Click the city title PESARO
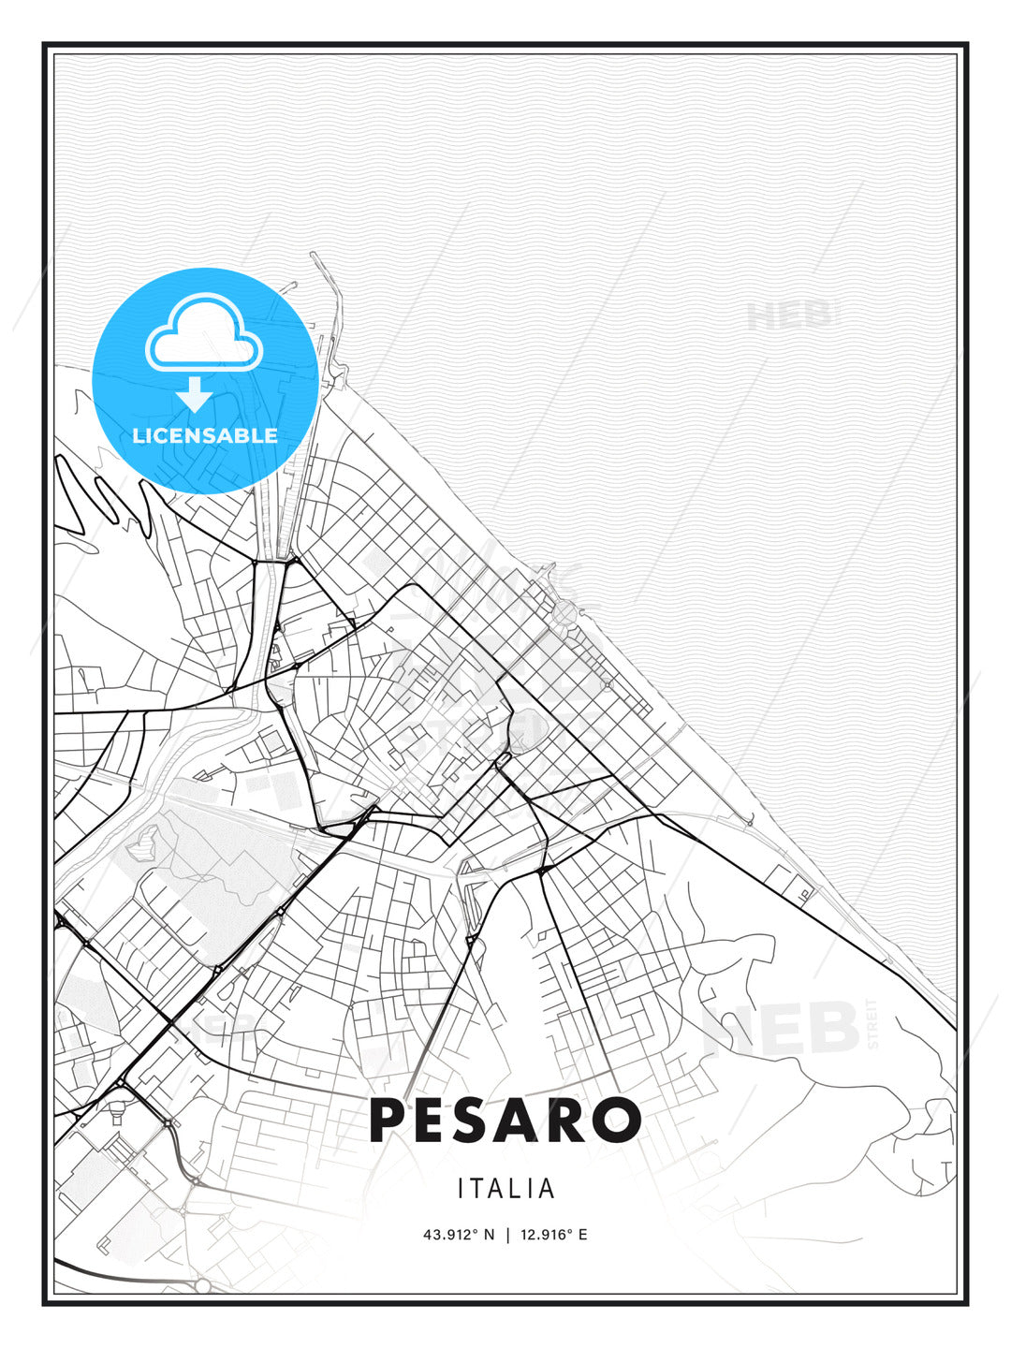[505, 1121]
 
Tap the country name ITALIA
[506, 1189]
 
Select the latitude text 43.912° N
[459, 1235]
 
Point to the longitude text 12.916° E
[552, 1235]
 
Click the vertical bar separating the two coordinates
[506, 1235]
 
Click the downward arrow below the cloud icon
[195, 393]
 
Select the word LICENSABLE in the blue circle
[205, 435]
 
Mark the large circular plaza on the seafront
[564, 613]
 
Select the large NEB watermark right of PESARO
[782, 1028]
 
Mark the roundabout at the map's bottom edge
[203, 1285]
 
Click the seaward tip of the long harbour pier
[313, 255]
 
